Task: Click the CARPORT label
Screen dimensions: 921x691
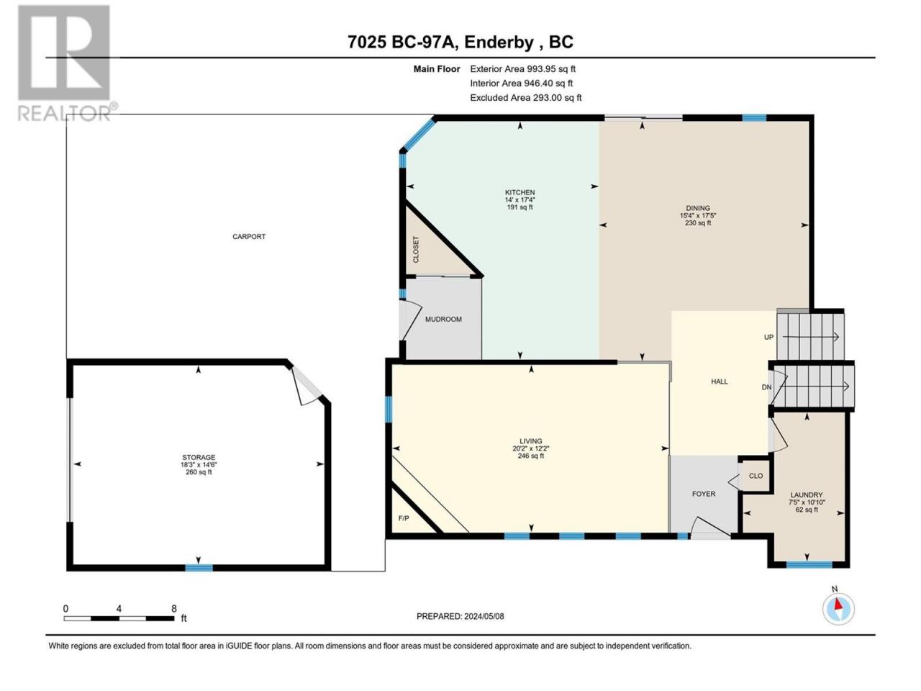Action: pyautogui.click(x=249, y=237)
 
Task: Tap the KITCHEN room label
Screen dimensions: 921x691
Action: pyautogui.click(x=520, y=193)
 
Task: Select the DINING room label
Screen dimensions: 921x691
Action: pyautogui.click(x=698, y=208)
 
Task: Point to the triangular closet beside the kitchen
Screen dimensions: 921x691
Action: pyautogui.click(x=428, y=248)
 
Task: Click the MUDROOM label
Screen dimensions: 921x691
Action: pyautogui.click(x=443, y=320)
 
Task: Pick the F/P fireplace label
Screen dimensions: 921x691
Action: pyautogui.click(x=403, y=518)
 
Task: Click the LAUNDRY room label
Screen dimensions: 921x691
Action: pyautogui.click(x=807, y=495)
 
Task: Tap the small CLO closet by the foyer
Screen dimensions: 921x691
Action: pyautogui.click(x=756, y=476)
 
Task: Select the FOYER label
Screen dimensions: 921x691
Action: pyautogui.click(x=704, y=494)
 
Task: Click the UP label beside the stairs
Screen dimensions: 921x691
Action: pyautogui.click(x=768, y=338)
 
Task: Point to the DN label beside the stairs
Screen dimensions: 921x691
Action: pyautogui.click(x=766, y=387)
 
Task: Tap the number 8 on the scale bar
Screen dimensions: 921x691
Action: pyautogui.click(x=173, y=608)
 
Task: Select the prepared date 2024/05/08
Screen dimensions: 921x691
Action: pyautogui.click(x=484, y=616)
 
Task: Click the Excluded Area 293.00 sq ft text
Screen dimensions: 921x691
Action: pyautogui.click(x=526, y=98)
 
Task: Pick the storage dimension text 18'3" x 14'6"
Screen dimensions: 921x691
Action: pyautogui.click(x=199, y=465)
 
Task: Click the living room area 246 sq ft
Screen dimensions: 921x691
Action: pyautogui.click(x=531, y=456)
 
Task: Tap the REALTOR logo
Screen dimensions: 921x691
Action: pyautogui.click(x=66, y=63)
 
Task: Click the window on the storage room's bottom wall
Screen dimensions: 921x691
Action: pyautogui.click(x=199, y=568)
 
